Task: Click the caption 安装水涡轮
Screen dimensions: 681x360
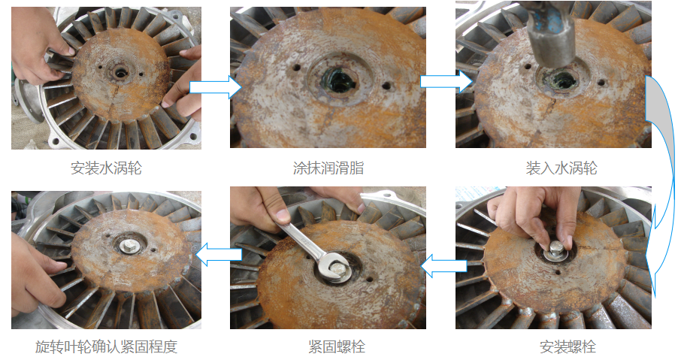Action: point(107,168)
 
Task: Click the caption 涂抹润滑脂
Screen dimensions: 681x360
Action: point(328,168)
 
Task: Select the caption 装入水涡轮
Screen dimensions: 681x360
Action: point(561,168)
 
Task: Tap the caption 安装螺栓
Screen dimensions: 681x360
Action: point(567,346)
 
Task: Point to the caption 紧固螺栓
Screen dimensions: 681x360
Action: point(337,346)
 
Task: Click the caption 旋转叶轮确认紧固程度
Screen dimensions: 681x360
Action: point(107,346)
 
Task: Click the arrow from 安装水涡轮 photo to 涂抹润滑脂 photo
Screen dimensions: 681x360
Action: point(216,87)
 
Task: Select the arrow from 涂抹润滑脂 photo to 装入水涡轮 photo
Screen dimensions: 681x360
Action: point(446,81)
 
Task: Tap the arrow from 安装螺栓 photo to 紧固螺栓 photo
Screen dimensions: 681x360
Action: point(444,266)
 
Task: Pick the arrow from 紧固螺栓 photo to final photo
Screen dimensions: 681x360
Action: point(219,255)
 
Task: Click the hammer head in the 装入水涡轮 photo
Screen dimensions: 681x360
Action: point(551,35)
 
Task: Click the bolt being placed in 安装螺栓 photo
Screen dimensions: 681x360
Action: point(557,250)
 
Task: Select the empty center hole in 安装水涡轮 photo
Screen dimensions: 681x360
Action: point(120,72)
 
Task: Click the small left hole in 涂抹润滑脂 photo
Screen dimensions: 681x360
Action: point(297,68)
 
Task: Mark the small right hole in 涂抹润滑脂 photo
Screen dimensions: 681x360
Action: point(386,86)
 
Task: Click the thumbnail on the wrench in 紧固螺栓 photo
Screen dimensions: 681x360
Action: point(283,216)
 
